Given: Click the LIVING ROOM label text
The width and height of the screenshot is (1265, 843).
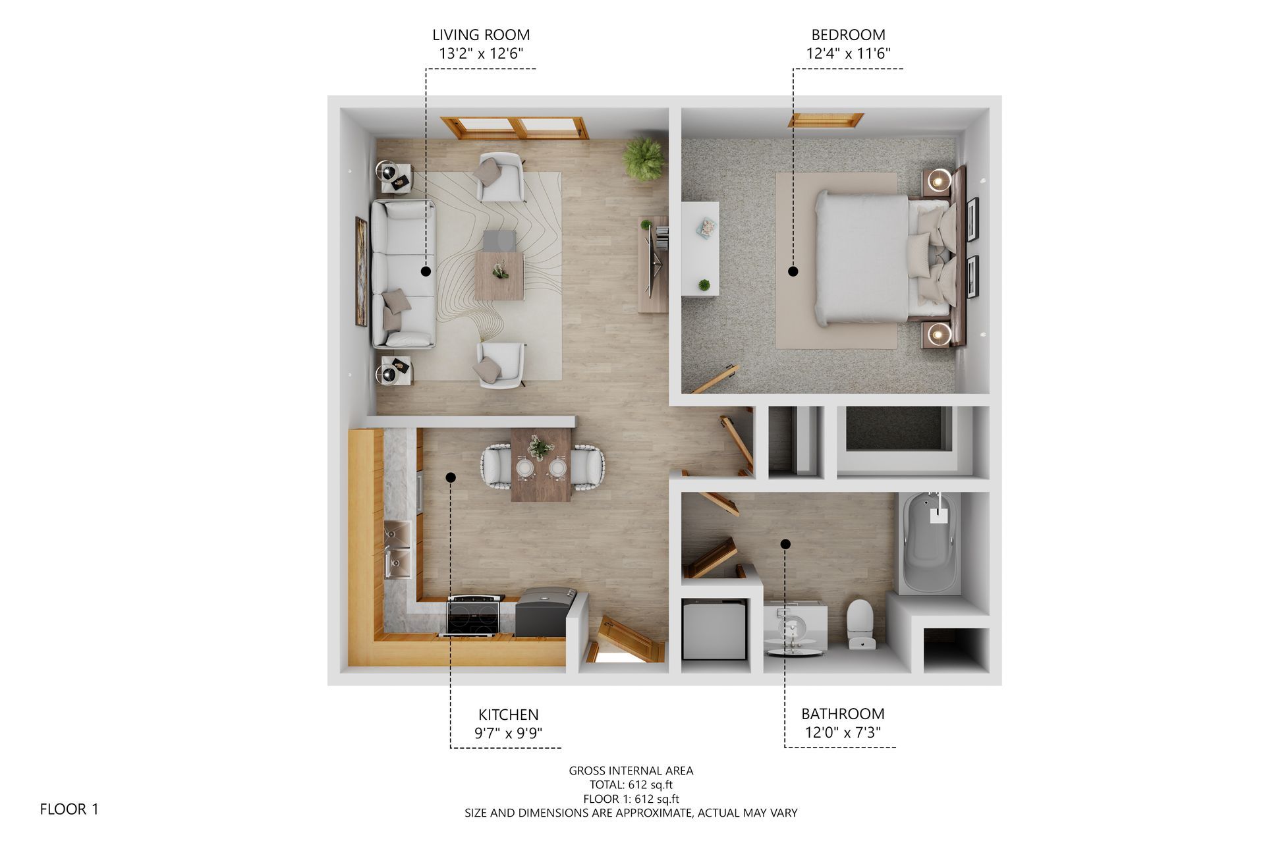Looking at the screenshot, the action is click(x=481, y=35).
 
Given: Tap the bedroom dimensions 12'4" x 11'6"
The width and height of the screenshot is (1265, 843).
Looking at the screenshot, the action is click(x=848, y=53).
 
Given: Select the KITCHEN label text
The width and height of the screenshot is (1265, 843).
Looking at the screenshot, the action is click(x=508, y=715).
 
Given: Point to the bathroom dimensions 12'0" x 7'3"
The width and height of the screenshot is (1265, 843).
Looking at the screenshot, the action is click(x=843, y=732).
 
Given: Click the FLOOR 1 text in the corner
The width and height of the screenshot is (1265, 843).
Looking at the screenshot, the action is click(x=69, y=809).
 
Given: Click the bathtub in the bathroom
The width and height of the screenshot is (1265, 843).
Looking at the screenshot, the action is click(x=930, y=543).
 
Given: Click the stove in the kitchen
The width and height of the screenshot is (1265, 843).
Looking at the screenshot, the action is click(x=474, y=616).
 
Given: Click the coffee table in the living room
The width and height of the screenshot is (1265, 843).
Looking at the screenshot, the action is click(x=499, y=276).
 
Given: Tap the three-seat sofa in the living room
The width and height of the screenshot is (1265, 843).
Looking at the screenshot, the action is click(x=403, y=274).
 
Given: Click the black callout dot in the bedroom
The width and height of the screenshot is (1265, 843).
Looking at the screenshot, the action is click(x=793, y=271).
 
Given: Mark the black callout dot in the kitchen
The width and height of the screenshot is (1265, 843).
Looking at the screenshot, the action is click(x=451, y=477).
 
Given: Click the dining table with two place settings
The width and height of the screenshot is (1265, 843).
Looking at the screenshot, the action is click(x=541, y=464).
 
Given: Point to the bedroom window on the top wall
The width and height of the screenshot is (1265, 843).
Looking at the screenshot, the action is click(x=826, y=120).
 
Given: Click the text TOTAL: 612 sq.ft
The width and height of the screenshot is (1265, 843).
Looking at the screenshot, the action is click(x=631, y=784).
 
